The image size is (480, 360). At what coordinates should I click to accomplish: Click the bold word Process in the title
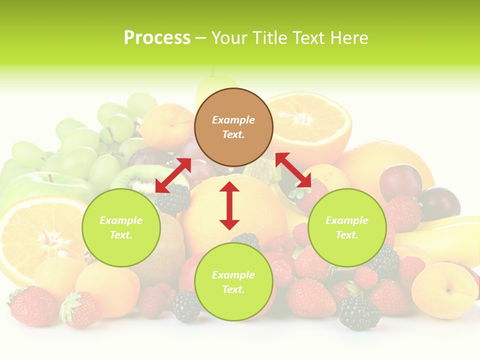pyautogui.click(x=157, y=38)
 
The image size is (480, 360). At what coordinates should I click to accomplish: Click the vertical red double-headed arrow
pyautogui.click(x=229, y=205)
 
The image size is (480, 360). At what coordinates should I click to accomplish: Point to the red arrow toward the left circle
pyautogui.click(x=173, y=175)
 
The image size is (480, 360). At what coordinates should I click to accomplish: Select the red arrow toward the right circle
pyautogui.click(x=293, y=170)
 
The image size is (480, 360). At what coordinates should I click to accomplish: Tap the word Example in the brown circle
pyautogui.click(x=233, y=120)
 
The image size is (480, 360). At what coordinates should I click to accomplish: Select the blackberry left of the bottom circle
pyautogui.click(x=185, y=306)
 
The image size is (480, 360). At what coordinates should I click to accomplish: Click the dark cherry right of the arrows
pyautogui.click(x=400, y=181)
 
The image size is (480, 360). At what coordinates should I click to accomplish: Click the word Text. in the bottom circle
pyautogui.click(x=233, y=289)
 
